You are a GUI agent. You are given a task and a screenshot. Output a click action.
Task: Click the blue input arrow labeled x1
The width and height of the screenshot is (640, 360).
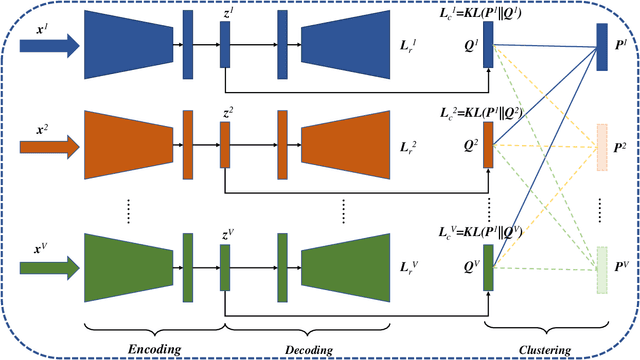[x=49, y=44]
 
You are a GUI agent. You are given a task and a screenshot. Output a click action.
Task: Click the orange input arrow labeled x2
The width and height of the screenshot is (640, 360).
[x=49, y=148]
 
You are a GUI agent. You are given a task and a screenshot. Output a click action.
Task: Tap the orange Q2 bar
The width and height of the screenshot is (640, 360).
[x=488, y=146]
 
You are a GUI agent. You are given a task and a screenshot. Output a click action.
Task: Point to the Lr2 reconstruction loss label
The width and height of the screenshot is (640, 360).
[x=410, y=148]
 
